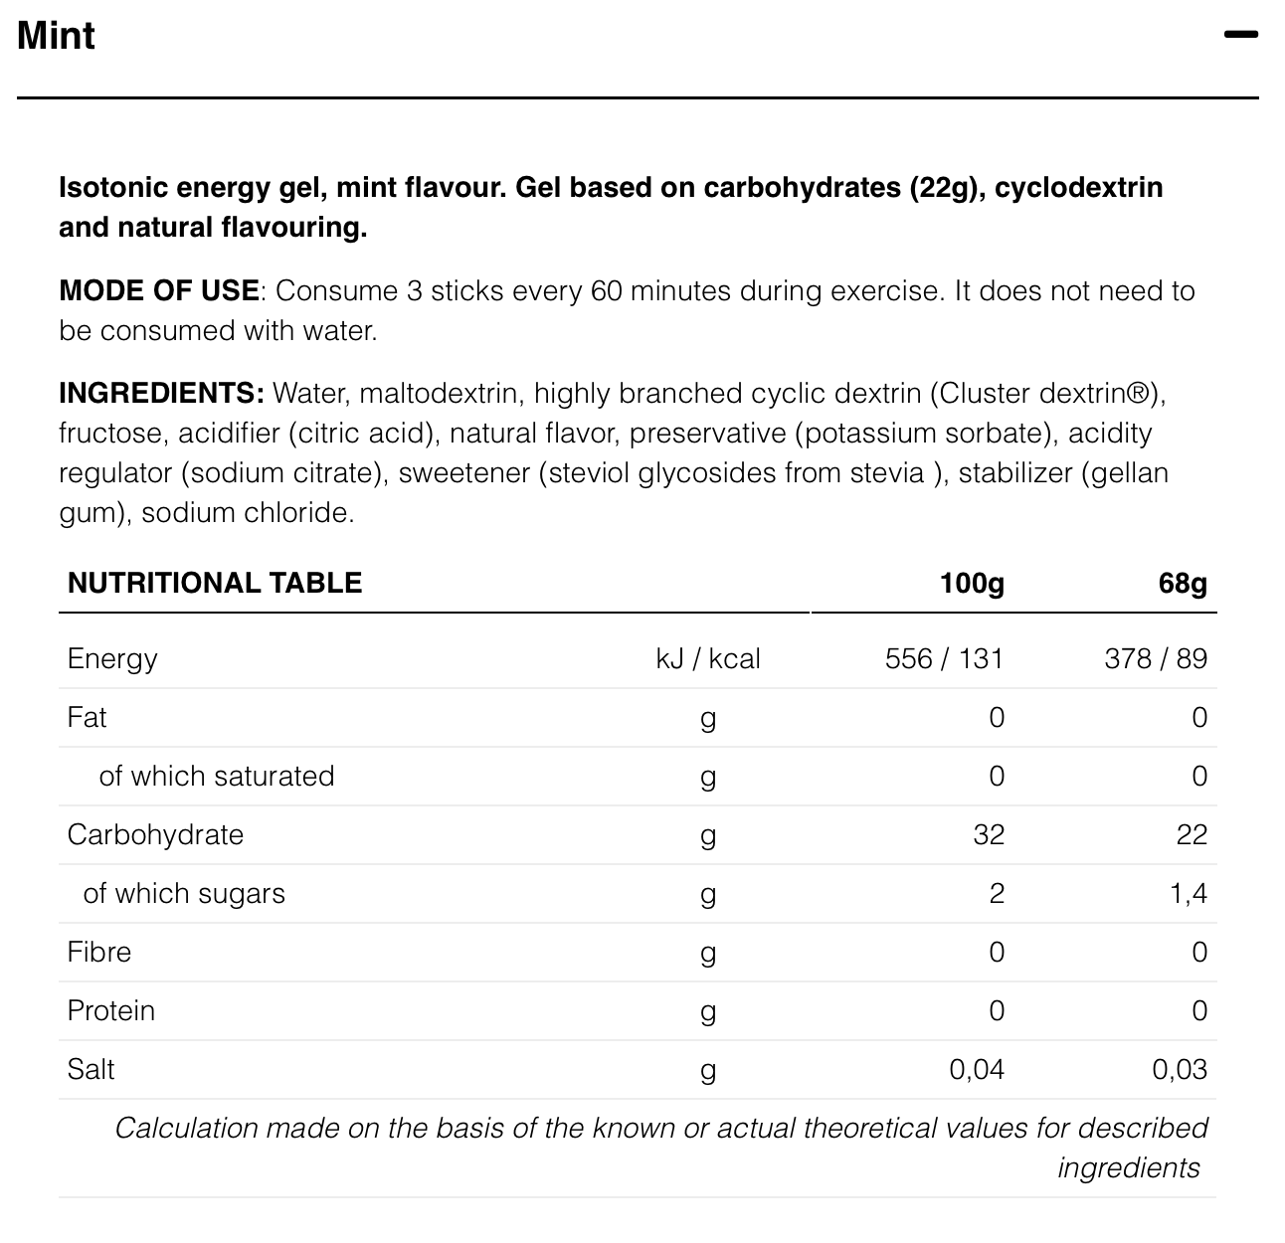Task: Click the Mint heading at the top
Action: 57,36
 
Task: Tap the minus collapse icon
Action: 1240,35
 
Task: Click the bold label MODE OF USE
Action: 159,291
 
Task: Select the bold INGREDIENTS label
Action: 161,394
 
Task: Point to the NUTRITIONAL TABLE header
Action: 215,583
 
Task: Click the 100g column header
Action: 972,583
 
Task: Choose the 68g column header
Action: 1183,583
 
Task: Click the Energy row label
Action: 112,659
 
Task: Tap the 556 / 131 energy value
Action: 944,659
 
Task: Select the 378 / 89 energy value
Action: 1156,659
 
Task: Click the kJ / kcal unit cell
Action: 708,659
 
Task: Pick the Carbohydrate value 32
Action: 989,834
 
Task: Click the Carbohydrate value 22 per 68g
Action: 1192,834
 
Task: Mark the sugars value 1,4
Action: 1189,893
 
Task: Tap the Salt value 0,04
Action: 977,1069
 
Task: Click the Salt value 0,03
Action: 1180,1069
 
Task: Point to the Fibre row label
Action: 99,952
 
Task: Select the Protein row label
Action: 111,1010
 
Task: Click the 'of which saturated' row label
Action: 217,776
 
